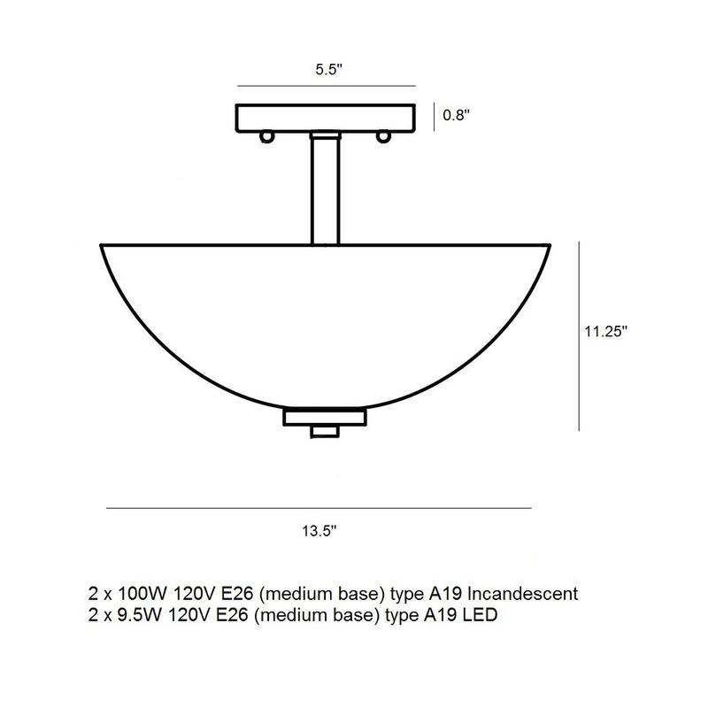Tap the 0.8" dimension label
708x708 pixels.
point(456,115)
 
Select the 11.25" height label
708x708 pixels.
point(605,333)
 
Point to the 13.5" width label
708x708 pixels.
point(319,532)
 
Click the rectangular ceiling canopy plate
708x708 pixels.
point(325,117)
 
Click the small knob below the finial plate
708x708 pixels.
point(324,432)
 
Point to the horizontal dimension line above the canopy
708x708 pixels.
point(326,86)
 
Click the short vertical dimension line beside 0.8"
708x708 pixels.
point(433,117)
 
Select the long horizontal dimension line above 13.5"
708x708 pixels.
point(319,508)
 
